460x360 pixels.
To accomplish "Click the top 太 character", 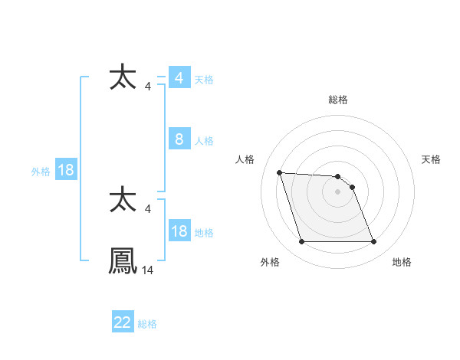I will point(123,78).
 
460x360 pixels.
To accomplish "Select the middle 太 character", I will point(123,201).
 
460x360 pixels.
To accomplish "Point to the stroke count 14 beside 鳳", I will point(148,270).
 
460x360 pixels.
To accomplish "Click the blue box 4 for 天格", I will point(179,78).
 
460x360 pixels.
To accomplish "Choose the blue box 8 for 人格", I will point(179,139).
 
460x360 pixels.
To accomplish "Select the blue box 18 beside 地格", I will point(179,231).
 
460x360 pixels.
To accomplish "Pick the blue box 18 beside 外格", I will point(66,170).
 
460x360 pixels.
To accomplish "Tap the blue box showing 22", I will point(123,322).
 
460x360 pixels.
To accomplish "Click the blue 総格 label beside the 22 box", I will point(147,324).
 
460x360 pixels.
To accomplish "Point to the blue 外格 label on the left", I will point(41,172).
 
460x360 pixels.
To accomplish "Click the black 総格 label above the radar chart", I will point(337,100).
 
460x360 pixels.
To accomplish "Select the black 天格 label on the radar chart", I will point(431,159).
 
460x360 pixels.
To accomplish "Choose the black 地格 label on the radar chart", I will point(402,262).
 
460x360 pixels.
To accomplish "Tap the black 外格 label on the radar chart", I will point(270,262).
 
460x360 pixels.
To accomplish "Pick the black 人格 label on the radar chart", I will point(245,159).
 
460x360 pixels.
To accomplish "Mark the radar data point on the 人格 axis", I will point(280,172).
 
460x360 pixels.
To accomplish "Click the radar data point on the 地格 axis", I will point(373,242).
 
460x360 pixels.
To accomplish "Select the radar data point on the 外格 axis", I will point(301,242).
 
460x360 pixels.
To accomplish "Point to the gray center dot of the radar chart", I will point(337,191).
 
